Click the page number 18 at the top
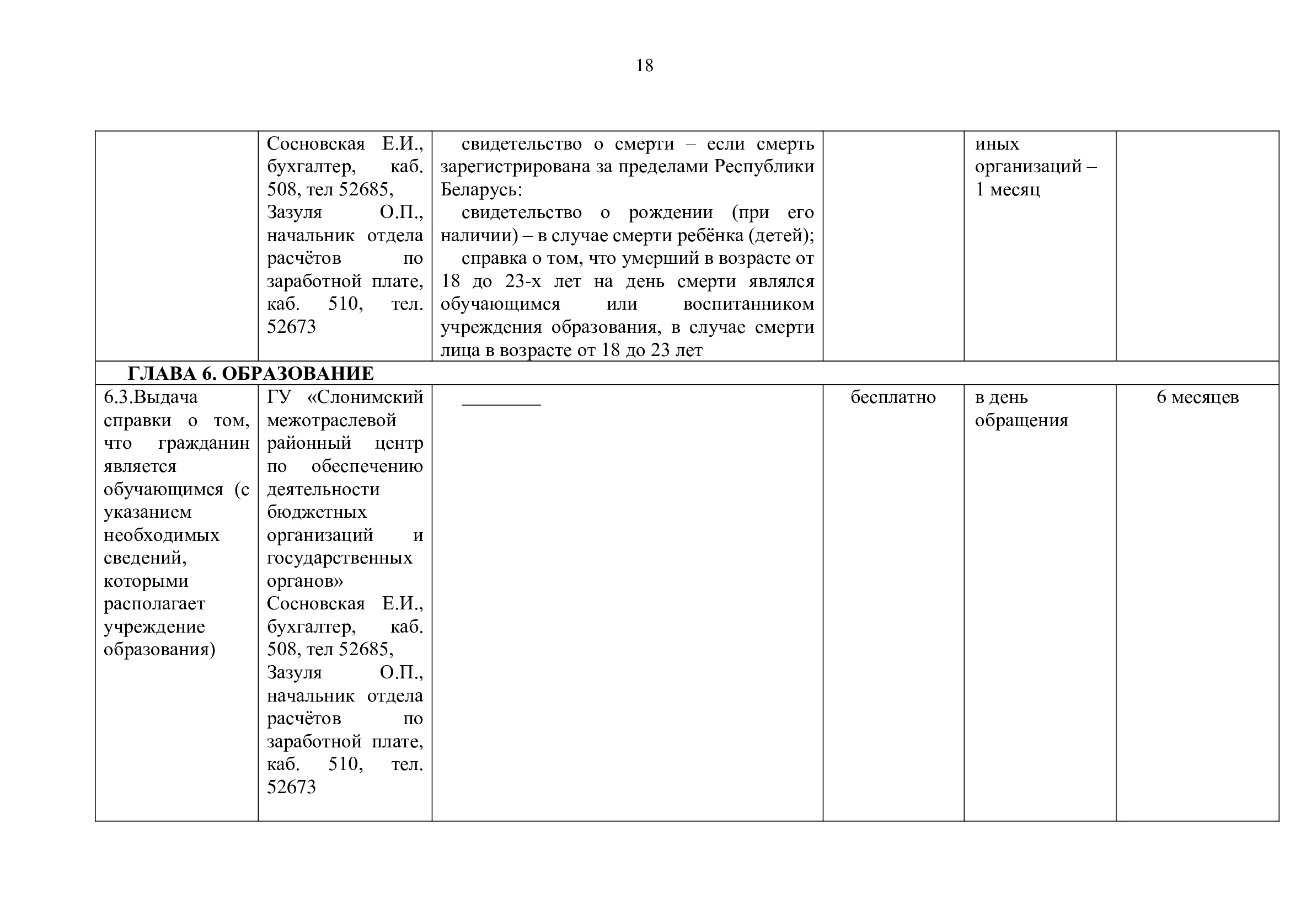[644, 66]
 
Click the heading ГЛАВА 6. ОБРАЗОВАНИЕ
[250, 373]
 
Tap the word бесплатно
[893, 397]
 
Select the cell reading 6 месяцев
[1197, 397]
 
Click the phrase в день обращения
[1021, 408]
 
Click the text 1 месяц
[1008, 189]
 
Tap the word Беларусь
[481, 190]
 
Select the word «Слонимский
[365, 397]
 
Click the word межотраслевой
[331, 421]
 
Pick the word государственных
[339, 558]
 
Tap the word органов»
[304, 581]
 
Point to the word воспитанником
[748, 304]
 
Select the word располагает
[154, 604]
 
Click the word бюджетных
[317, 512]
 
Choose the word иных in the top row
[997, 144]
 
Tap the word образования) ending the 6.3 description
[159, 650]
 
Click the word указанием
[148, 512]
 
